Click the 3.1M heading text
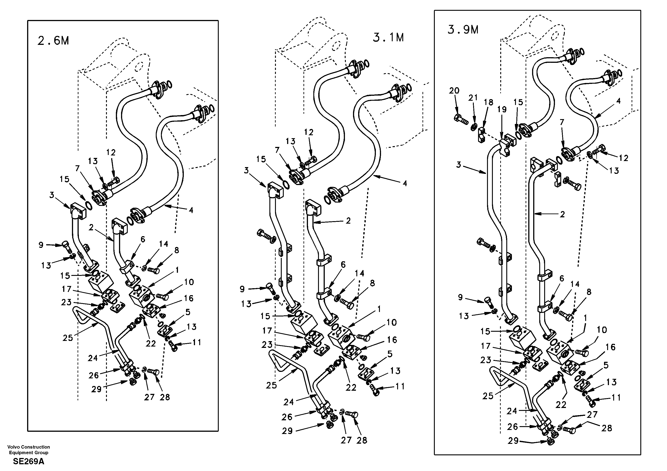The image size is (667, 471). (x=388, y=38)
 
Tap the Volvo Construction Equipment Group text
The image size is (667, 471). (x=28, y=450)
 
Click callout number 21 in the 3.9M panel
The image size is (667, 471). (x=473, y=98)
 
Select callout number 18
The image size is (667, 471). (x=489, y=102)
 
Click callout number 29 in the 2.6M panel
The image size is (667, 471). (x=96, y=389)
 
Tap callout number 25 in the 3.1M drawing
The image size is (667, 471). (x=271, y=386)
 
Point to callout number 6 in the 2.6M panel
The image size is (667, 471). (x=143, y=240)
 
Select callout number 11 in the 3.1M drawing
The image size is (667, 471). (x=400, y=386)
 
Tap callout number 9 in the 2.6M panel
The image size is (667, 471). (x=41, y=245)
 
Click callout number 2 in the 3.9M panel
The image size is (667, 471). (x=562, y=215)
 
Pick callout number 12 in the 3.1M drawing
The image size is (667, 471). (x=309, y=133)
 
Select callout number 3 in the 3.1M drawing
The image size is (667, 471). (x=246, y=171)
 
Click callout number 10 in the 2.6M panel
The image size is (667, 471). (x=189, y=282)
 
